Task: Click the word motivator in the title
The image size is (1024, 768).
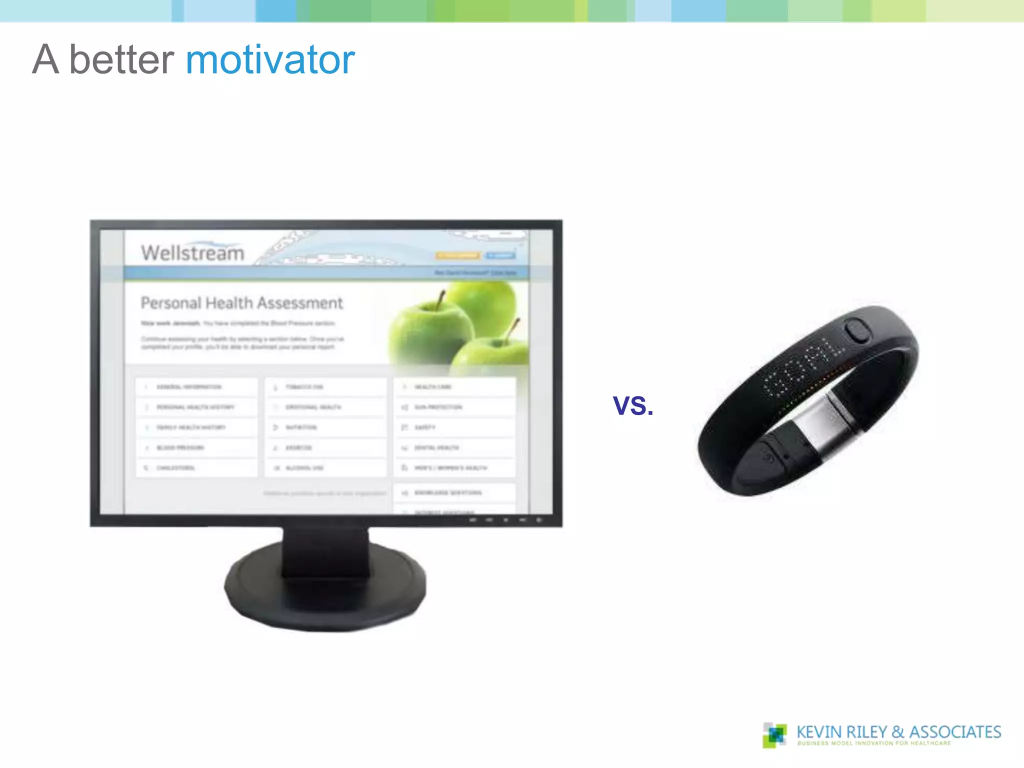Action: pos(270,60)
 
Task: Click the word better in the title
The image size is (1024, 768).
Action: pos(121,60)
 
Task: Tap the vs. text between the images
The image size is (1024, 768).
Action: pos(633,405)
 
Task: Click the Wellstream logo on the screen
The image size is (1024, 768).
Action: pos(192,252)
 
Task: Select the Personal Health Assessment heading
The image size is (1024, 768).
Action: pos(241,303)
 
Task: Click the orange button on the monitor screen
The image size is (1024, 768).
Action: pos(457,255)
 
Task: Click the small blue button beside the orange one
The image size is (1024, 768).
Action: pos(500,255)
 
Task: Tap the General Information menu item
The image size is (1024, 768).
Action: pos(189,387)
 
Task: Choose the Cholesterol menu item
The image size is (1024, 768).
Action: pos(175,468)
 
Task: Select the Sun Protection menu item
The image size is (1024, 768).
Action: pos(438,407)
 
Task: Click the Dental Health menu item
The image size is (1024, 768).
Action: pos(436,447)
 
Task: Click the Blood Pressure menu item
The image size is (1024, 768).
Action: pos(180,447)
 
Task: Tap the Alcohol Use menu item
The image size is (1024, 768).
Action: pos(304,468)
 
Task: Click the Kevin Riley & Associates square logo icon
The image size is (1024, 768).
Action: pos(774,735)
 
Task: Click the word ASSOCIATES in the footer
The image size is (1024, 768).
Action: pos(955,732)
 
